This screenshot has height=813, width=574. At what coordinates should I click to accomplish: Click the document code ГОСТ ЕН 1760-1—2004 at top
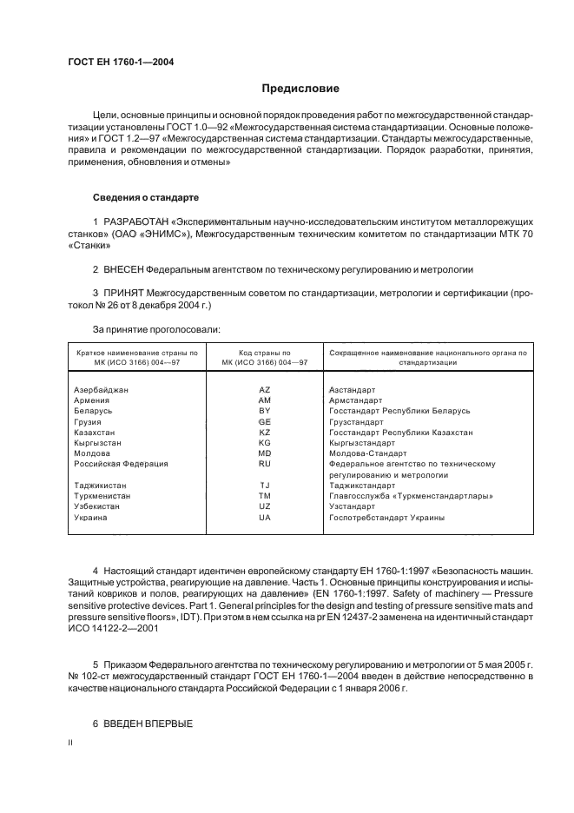(120, 62)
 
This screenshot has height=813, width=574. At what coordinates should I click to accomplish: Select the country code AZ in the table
(265, 390)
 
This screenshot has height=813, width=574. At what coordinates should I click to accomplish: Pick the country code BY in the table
(265, 411)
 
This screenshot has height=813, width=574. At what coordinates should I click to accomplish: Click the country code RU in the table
(265, 464)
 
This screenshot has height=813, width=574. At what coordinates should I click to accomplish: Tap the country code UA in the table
(265, 518)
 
